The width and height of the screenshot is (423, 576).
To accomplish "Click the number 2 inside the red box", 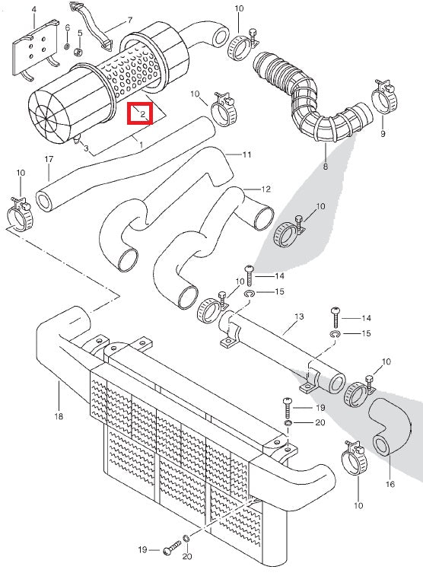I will pos(143,114).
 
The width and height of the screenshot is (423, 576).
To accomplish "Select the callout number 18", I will pos(59,417).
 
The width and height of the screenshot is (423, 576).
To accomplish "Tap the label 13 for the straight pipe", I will pos(298,316).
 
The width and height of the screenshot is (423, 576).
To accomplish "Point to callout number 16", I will pos(390,484).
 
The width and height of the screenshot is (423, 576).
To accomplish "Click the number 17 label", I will pos(49,159).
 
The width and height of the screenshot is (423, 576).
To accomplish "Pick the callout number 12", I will pos(266,189).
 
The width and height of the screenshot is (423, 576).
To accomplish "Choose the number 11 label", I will pos(246,154).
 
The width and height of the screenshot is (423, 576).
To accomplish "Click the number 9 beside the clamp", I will pos(383,134).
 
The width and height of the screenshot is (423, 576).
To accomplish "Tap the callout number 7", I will pos(129,20).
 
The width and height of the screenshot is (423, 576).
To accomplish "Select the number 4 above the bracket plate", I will pos(33,11).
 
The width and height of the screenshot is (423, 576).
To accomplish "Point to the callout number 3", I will pos(86,148).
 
